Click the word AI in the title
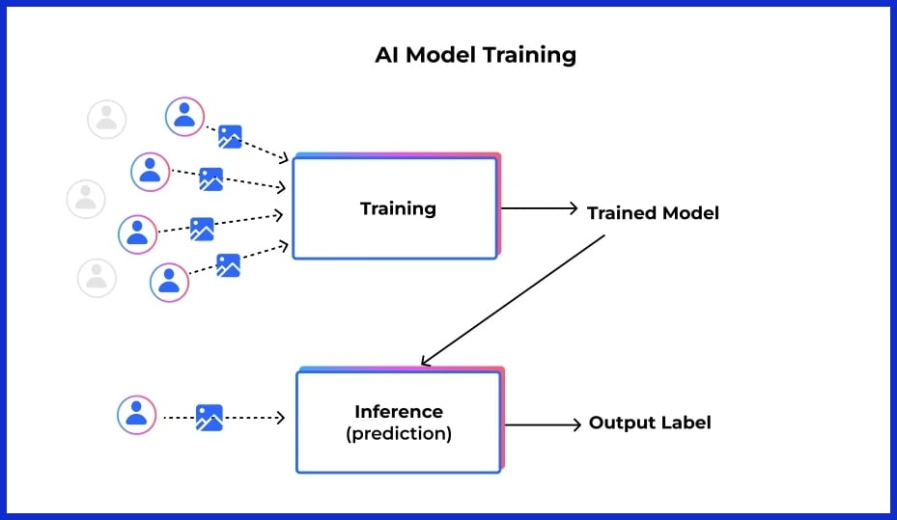click(x=387, y=54)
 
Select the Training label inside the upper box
click(x=398, y=208)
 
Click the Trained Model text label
click(x=653, y=212)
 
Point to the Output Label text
click(x=650, y=423)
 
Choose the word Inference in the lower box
click(x=398, y=412)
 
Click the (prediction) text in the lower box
click(x=398, y=433)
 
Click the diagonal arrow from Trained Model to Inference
click(x=512, y=300)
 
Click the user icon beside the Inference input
click(x=136, y=415)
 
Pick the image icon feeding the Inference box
click(x=209, y=417)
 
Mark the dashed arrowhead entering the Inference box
click(x=280, y=418)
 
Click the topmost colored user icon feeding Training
click(x=184, y=117)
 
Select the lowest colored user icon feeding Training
click(x=169, y=282)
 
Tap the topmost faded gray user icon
click(x=106, y=119)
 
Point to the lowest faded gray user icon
click(x=97, y=278)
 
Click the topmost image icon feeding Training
click(x=229, y=136)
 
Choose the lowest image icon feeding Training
click(x=228, y=265)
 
